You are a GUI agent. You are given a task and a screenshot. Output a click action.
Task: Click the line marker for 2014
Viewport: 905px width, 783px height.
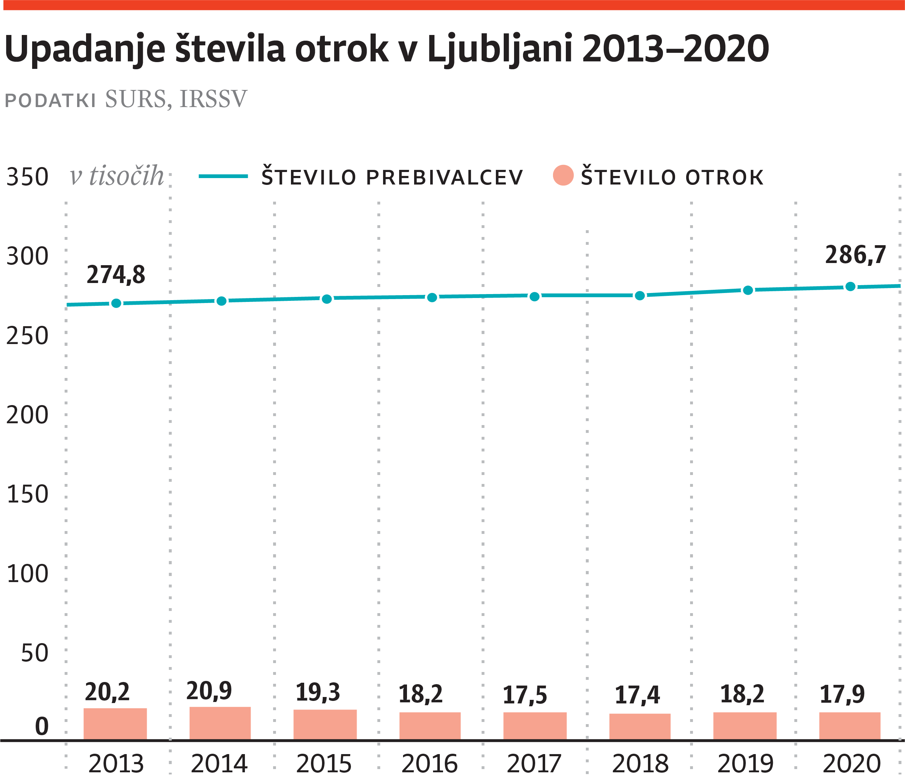pos(222,301)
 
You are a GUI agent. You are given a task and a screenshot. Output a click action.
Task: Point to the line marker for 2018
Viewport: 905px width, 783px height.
pos(640,296)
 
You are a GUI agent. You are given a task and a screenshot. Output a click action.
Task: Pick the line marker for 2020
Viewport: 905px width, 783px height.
pos(850,287)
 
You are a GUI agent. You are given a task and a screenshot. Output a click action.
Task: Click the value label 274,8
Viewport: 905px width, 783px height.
pos(116,275)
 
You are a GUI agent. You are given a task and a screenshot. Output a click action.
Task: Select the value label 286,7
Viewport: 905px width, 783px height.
pos(855,255)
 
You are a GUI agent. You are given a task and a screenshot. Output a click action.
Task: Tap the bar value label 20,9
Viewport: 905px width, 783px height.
pos(209,691)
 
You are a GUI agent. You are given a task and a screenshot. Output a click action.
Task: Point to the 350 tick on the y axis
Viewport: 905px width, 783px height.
pos(27,177)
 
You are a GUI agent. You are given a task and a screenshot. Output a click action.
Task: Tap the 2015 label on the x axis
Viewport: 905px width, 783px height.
pos(324,763)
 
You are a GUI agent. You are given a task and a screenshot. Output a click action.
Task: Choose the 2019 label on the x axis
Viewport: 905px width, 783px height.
pos(745,763)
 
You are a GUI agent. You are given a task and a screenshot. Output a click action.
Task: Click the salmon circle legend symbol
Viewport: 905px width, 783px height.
pos(563,176)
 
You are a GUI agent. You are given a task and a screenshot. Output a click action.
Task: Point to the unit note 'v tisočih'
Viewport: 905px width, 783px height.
pos(117,176)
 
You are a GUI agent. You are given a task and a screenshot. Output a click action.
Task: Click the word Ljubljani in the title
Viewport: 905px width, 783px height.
pos(500,49)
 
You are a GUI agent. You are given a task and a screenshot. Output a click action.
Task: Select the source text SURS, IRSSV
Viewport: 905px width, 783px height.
pos(176,99)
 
